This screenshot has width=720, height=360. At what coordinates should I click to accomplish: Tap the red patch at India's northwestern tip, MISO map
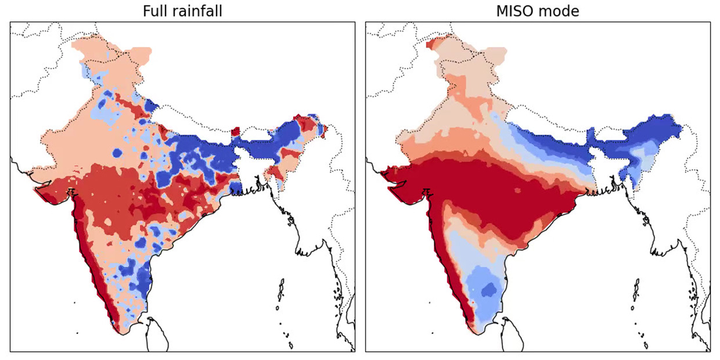tap(430, 44)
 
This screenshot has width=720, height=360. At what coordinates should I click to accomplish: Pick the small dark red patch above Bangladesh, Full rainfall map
tap(235, 132)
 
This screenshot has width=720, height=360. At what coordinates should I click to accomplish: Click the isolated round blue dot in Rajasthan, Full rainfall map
tap(117, 153)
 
